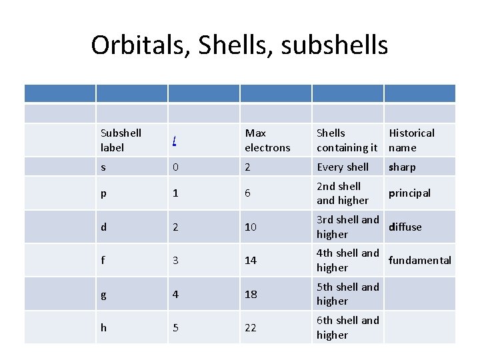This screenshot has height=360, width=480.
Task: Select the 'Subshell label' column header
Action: pyautogui.click(x=121, y=140)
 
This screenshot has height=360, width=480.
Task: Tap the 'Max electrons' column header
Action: pyautogui.click(x=267, y=140)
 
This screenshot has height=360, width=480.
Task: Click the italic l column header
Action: pyautogui.click(x=174, y=141)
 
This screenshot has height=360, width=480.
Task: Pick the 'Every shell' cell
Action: pyautogui.click(x=343, y=167)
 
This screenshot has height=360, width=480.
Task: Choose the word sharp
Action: pyautogui.click(x=402, y=167)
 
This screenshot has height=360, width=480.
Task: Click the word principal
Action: pyautogui.click(x=409, y=193)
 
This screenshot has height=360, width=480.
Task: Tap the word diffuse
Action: pyautogui.click(x=405, y=227)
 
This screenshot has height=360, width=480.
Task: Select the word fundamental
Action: pyautogui.click(x=420, y=260)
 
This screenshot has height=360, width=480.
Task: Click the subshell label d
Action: pyautogui.click(x=103, y=227)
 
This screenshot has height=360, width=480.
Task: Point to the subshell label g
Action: pyautogui.click(x=103, y=294)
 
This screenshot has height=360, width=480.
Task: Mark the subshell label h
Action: pyautogui.click(x=103, y=327)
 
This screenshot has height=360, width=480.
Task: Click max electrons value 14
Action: pyautogui.click(x=251, y=260)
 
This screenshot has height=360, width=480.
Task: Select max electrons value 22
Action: pyautogui.click(x=251, y=327)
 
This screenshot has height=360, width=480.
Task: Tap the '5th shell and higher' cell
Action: pyautogui.click(x=347, y=294)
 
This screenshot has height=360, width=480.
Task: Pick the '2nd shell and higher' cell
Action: pyautogui.click(x=343, y=193)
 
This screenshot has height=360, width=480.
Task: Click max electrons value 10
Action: pyautogui.click(x=251, y=227)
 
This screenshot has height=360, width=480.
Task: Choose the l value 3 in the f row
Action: pyautogui.click(x=175, y=260)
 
